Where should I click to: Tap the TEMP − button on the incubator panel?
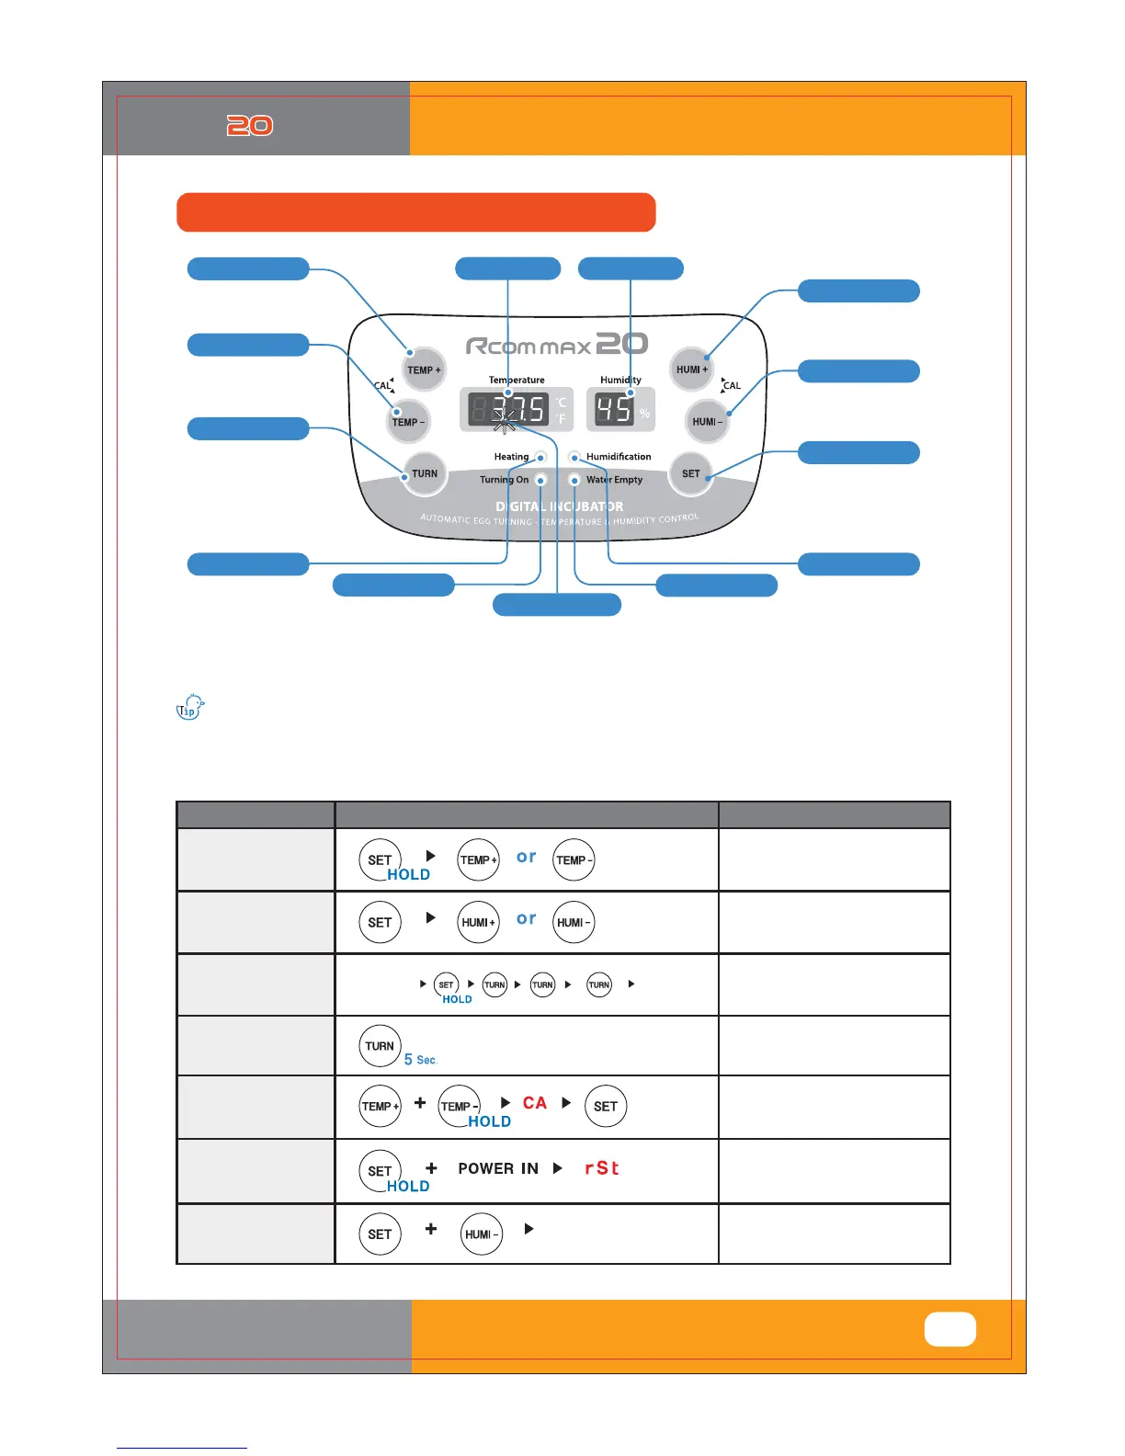[409, 422]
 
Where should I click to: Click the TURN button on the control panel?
[425, 473]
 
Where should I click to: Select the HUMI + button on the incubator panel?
[691, 370]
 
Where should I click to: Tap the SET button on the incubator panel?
[691, 473]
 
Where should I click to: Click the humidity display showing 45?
[615, 410]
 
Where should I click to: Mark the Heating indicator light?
[541, 457]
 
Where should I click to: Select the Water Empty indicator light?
[574, 480]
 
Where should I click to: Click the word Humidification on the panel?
[619, 457]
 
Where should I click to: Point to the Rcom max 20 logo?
[556, 346]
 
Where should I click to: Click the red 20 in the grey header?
[250, 126]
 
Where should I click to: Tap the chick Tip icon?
[190, 707]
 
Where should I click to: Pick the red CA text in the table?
[535, 1103]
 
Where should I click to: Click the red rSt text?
[602, 1168]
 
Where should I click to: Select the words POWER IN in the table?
[498, 1168]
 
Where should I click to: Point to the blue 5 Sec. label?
[421, 1060]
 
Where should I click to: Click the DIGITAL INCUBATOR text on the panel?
[559, 506]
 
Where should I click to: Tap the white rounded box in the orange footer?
[949, 1329]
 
